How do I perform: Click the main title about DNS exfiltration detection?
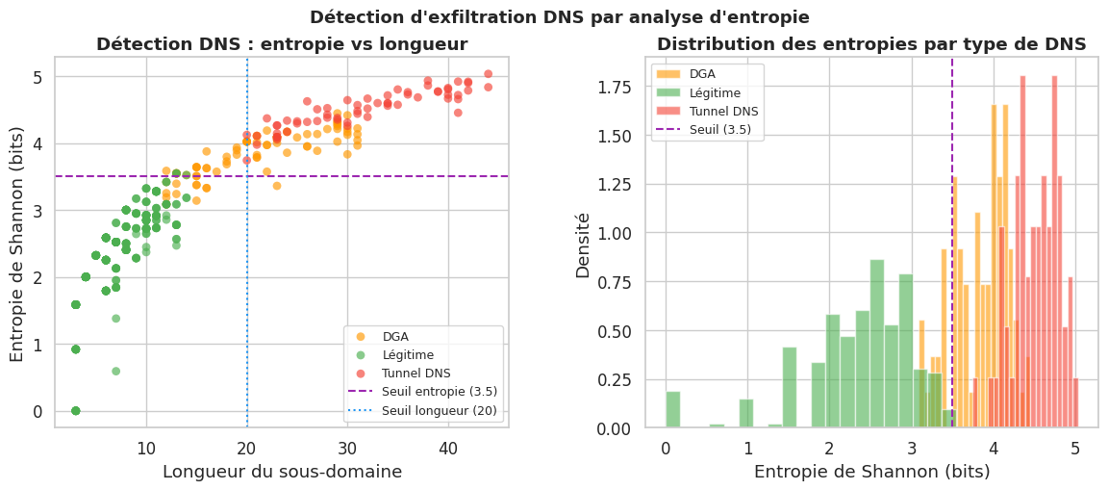(x=559, y=17)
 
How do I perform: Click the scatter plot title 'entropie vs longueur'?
(x=282, y=44)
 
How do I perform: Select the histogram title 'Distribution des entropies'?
(x=871, y=44)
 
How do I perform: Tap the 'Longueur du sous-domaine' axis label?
(x=282, y=472)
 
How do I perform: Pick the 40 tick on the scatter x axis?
(x=448, y=449)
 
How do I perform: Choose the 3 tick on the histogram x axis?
(x=912, y=449)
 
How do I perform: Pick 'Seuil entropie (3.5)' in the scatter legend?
(x=440, y=391)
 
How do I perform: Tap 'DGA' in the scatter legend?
(x=395, y=336)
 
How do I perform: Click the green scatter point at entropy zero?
(x=76, y=411)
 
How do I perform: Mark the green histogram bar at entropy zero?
(x=673, y=409)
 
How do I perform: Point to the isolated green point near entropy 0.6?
(x=116, y=371)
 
